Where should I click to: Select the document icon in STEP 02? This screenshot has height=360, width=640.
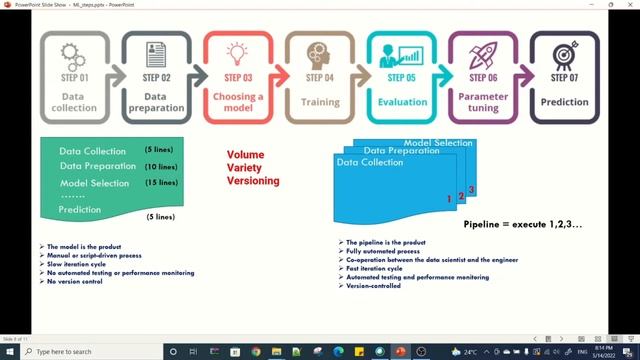155,52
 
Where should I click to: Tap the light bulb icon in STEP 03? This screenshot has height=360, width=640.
237,52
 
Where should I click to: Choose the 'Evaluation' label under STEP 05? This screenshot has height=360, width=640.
402,101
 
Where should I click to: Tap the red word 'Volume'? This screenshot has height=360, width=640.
245,155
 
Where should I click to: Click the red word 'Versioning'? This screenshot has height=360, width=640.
252,181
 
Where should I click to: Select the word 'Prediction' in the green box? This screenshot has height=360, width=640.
80,210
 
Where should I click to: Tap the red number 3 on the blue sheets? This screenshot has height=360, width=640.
472,190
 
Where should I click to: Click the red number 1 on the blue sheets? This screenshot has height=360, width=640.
450,200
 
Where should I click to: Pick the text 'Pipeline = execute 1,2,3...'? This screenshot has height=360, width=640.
523,224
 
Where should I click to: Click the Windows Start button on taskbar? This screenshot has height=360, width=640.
9,352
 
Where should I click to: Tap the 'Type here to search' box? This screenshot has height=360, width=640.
75,352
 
